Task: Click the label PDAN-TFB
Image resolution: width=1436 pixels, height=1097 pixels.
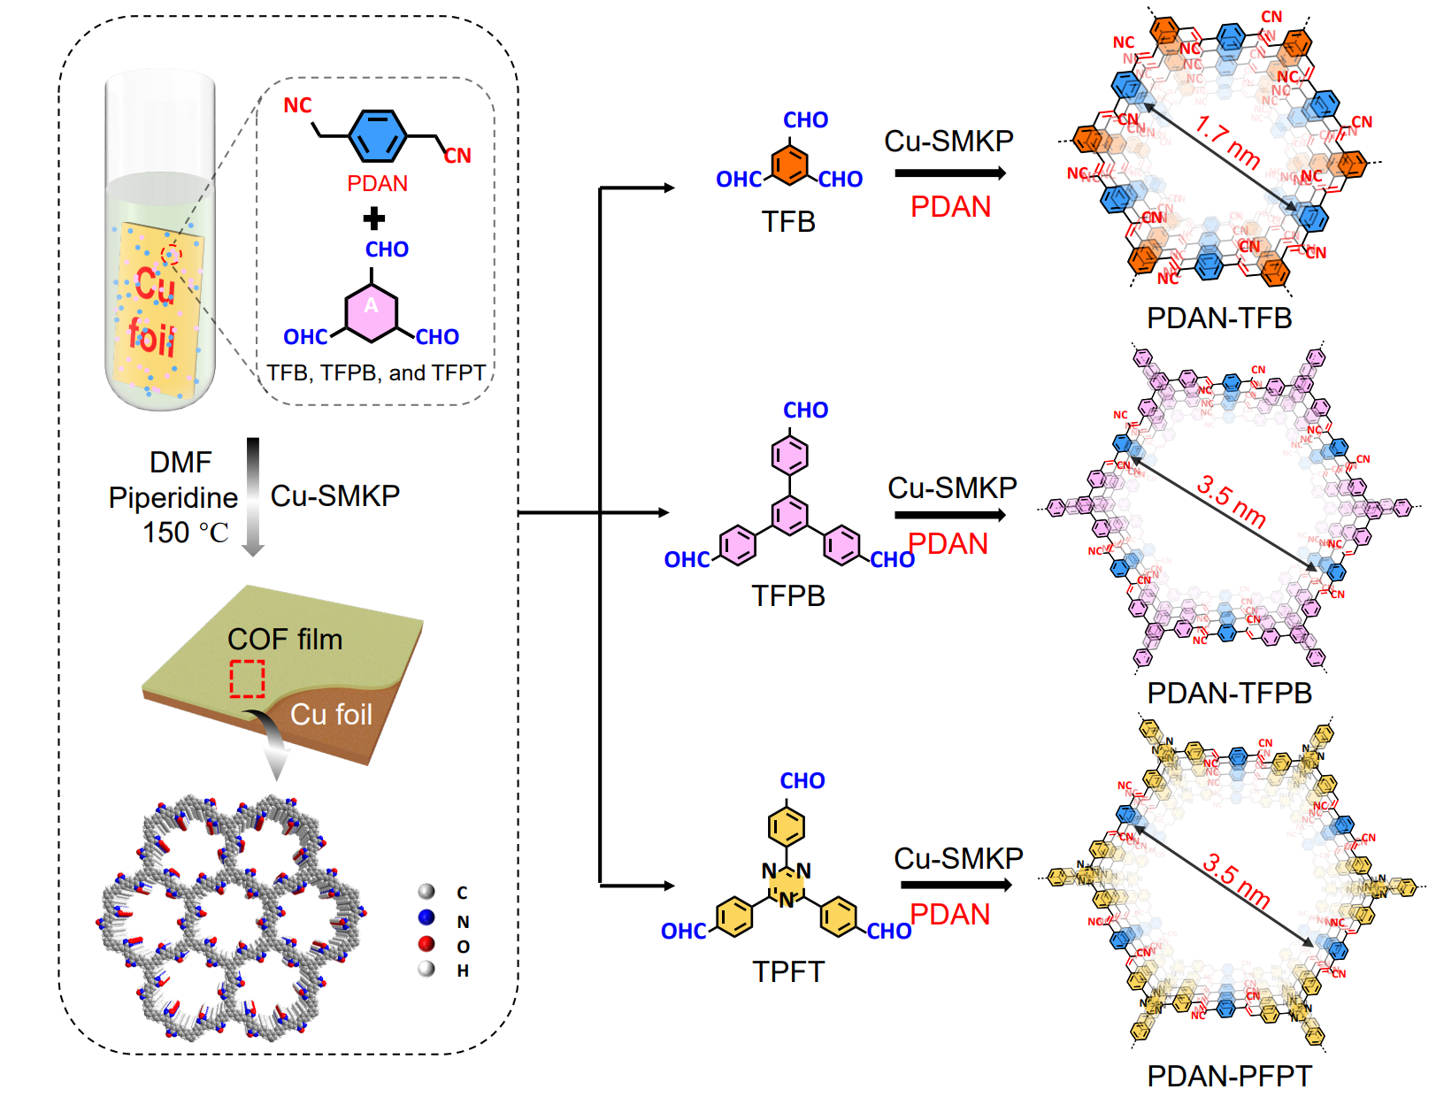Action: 1218,318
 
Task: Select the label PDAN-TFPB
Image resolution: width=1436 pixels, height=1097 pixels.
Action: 1229,693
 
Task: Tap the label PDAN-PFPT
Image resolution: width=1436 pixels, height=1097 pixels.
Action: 1229,1076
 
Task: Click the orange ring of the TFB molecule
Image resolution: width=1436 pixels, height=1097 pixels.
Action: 788,165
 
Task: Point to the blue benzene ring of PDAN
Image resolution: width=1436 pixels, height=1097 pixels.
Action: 377,135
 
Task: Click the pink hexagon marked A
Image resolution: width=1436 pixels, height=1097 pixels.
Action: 371,312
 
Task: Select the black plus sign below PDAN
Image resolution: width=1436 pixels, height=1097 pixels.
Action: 374,218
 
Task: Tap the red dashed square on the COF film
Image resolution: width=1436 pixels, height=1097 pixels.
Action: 248,679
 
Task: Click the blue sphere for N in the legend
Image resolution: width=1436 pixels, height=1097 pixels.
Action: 426,917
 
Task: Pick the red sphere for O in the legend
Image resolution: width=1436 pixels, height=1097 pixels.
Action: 426,944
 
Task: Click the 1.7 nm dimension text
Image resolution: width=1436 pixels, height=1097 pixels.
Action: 1226,142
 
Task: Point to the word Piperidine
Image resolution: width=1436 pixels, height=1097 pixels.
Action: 173,498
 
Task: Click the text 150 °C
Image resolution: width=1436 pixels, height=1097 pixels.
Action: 186,533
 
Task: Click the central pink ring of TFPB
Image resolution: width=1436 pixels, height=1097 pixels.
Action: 789,515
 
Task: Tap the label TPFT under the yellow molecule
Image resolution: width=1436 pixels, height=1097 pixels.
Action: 787,971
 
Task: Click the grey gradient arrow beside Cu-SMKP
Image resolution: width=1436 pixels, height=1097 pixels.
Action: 253,495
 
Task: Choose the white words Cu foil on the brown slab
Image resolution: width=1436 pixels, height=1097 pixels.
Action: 331,714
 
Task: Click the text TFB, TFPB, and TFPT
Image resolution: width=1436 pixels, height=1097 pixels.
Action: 376,373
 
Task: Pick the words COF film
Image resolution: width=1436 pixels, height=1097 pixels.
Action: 284,639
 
